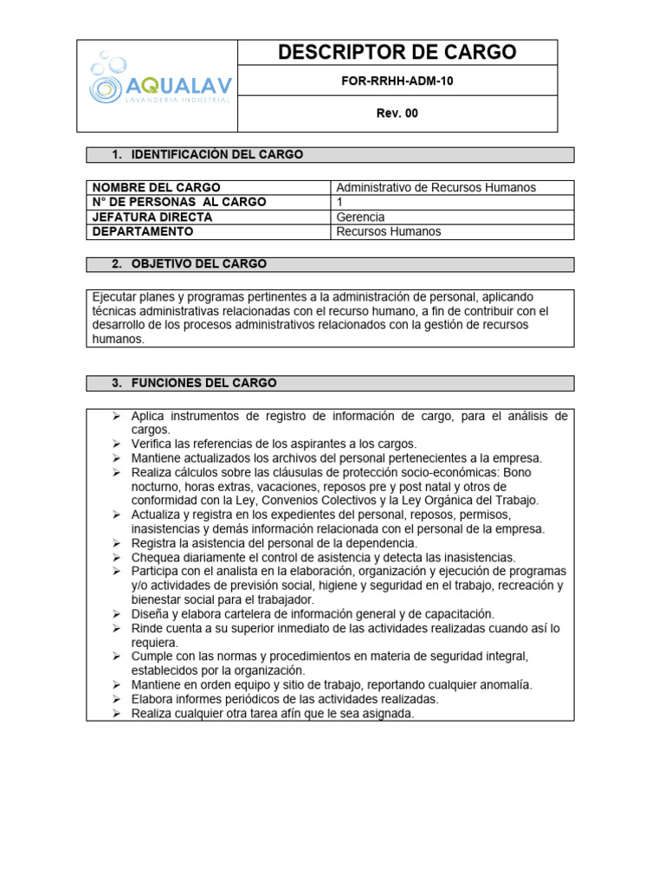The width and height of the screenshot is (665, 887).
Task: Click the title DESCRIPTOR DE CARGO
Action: (397, 53)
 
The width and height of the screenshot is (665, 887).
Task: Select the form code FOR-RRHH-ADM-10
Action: (397, 81)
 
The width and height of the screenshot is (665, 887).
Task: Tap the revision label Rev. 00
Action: (397, 113)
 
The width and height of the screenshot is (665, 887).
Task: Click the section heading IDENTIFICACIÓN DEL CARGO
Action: (216, 154)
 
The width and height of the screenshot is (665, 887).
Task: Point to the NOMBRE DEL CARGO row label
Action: (156, 187)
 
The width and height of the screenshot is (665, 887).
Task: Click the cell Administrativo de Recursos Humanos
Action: (436, 187)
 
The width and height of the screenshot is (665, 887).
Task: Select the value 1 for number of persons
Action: (339, 202)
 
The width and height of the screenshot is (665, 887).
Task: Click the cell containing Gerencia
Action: (360, 217)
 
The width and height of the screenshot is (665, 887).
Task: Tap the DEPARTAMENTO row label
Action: (143, 231)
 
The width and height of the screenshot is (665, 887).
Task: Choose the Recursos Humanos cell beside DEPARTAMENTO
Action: (388, 231)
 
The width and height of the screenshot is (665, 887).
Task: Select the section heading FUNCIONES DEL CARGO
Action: (203, 382)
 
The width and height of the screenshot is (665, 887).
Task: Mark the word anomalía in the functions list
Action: (502, 684)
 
